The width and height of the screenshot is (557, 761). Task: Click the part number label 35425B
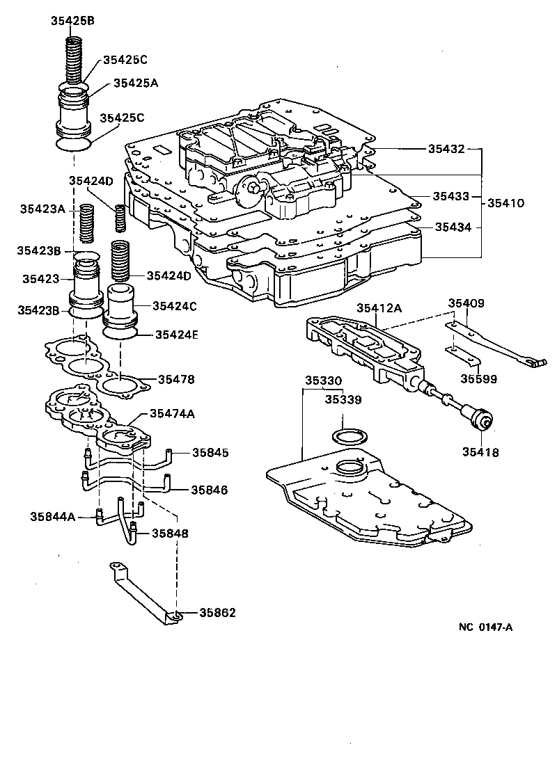coord(72,20)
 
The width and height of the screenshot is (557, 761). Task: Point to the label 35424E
coord(176,335)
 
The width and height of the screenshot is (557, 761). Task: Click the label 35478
coord(175,379)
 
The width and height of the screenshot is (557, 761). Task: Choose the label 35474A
coord(171,414)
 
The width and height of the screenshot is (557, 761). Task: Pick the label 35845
coord(210,453)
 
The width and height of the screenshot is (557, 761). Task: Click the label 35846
coord(210,490)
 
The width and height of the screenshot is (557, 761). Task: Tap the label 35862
coord(217,613)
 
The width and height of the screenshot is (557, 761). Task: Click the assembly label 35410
coord(505,203)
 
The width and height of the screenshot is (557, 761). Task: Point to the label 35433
coord(450,197)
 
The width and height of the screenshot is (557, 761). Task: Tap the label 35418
coord(480,452)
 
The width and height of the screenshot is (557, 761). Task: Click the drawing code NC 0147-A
coord(485,627)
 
